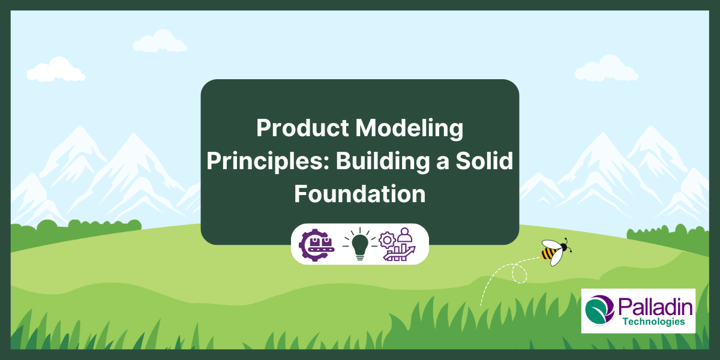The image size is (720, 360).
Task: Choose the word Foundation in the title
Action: [x=359, y=194]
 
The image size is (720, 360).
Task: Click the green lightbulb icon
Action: [x=360, y=244]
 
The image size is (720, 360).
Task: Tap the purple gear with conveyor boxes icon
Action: [x=316, y=244]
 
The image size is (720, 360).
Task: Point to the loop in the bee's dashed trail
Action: [x=520, y=273]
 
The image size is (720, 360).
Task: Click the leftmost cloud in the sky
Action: [x=56, y=70]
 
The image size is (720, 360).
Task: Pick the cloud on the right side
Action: [x=606, y=69]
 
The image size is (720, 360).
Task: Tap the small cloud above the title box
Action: [x=160, y=42]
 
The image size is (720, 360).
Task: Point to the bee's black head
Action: [x=562, y=247]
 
